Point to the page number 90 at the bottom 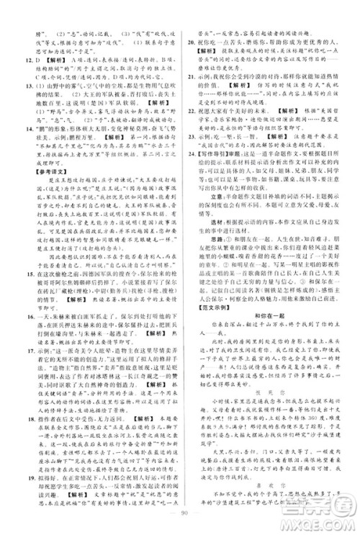pos(180,523)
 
